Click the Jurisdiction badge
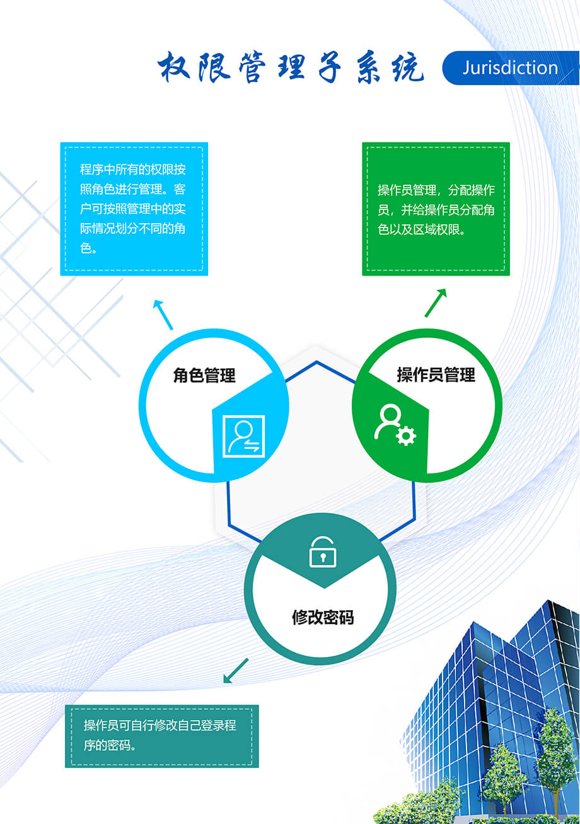(x=510, y=68)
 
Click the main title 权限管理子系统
(x=291, y=68)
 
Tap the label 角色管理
(x=204, y=376)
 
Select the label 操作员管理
(x=436, y=375)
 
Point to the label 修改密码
(x=322, y=617)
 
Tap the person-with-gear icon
(x=395, y=426)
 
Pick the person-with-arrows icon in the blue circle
(x=244, y=436)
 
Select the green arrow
(x=436, y=303)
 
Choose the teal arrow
(x=236, y=671)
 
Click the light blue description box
(x=134, y=209)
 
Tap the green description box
(x=436, y=209)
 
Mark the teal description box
(x=161, y=736)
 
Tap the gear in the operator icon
(x=407, y=436)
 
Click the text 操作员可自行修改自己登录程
(x=160, y=725)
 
